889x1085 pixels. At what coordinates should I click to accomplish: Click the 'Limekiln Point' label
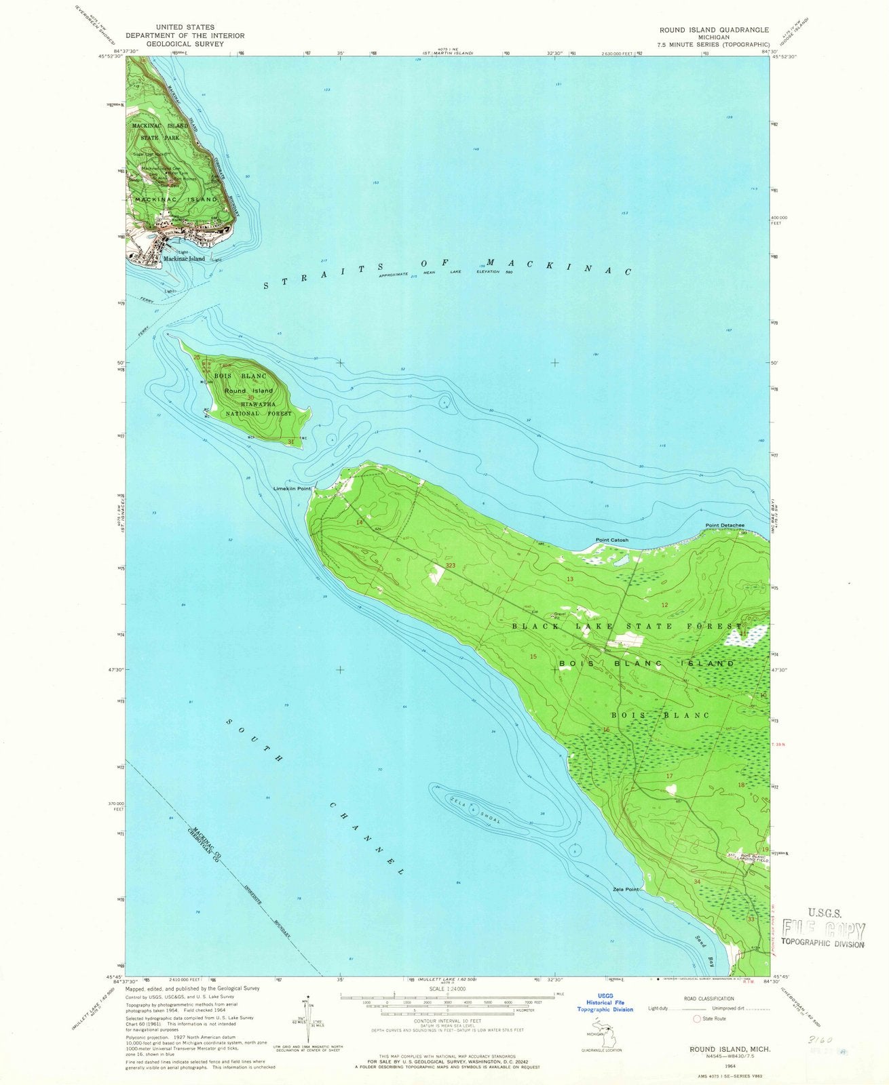tap(292, 488)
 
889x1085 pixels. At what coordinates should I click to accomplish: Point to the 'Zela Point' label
tap(624, 890)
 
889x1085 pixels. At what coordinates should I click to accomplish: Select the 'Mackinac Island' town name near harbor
tap(183, 259)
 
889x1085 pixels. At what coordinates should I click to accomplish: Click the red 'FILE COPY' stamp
tap(824, 930)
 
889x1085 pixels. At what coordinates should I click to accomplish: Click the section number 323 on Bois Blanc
tap(451, 565)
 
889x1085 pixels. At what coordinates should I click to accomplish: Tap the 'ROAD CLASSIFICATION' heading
tap(709, 998)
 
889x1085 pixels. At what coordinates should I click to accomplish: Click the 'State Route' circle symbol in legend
tap(696, 1019)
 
